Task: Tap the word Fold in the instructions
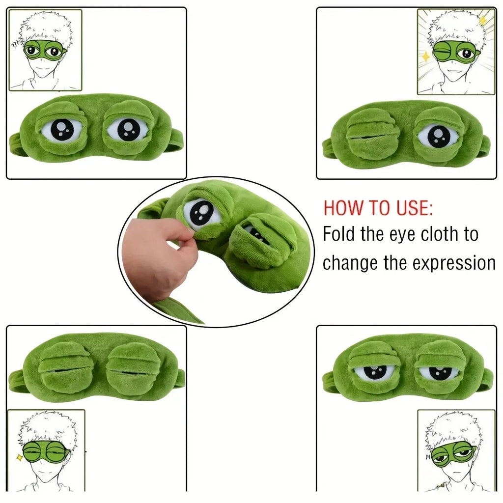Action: pyautogui.click(x=339, y=234)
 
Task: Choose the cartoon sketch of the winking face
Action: pyautogui.click(x=455, y=52)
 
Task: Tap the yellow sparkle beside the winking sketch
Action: pyautogui.click(x=426, y=56)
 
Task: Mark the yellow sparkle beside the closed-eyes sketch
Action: pyautogui.click(x=20, y=457)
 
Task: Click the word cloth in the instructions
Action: pyautogui.click(x=430, y=234)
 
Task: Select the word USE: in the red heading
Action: pyautogui.click(x=416, y=208)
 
